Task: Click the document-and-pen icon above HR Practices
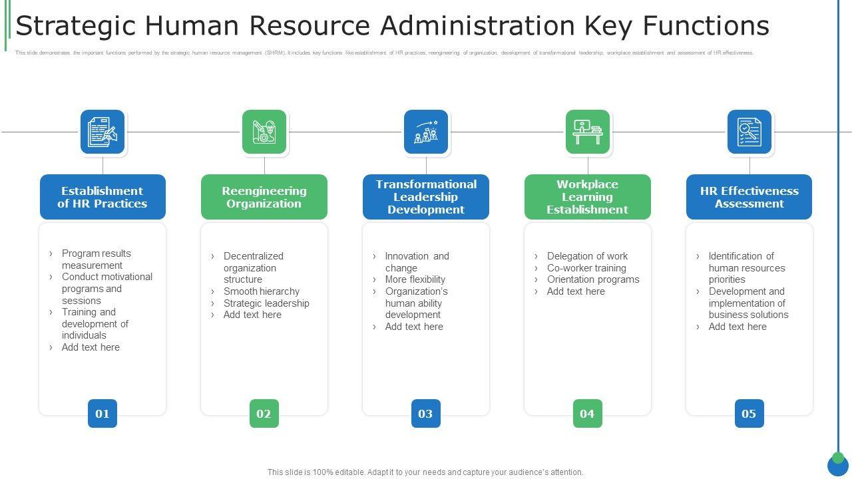tap(103, 132)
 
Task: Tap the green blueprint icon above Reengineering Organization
tap(264, 132)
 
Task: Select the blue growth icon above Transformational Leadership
tap(426, 132)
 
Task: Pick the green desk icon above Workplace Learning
tap(588, 132)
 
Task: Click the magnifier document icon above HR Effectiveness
tap(749, 132)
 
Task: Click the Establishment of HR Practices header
tap(103, 197)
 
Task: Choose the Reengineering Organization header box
tap(264, 197)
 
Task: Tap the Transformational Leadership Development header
tap(426, 197)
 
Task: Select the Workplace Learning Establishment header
tap(588, 197)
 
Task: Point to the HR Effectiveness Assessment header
tap(749, 197)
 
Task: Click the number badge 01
tap(103, 414)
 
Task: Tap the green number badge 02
tap(264, 414)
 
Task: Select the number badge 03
tap(426, 414)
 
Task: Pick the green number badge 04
tap(588, 414)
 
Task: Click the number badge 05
tap(749, 414)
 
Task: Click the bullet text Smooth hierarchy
tap(262, 291)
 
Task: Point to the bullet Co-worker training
tap(586, 268)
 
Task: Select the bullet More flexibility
tap(415, 279)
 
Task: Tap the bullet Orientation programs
tap(593, 279)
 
